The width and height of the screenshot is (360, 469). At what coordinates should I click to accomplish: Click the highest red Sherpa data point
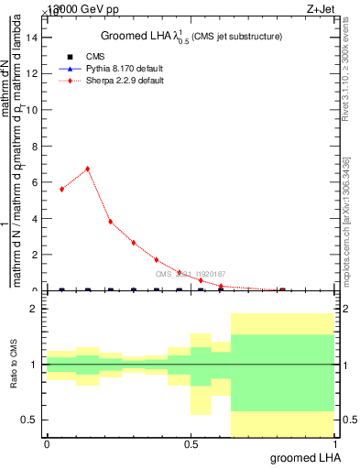[87, 169]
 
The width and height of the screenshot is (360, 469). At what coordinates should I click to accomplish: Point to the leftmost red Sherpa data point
[61, 189]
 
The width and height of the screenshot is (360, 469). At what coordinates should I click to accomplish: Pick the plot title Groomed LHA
[191, 36]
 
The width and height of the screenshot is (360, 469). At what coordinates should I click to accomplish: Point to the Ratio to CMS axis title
[13, 365]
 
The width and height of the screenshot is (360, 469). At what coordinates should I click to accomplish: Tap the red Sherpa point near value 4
[110, 222]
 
